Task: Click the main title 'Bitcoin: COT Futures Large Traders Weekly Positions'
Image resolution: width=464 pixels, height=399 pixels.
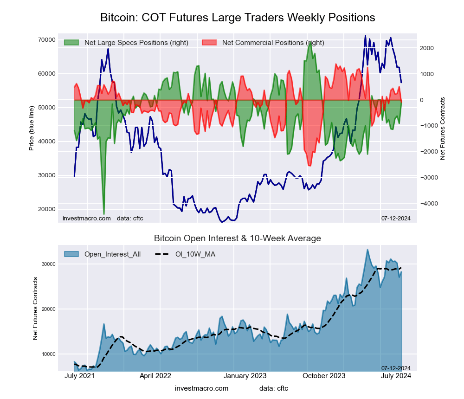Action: click(238, 18)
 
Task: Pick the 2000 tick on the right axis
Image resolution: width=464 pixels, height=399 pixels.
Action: click(427, 48)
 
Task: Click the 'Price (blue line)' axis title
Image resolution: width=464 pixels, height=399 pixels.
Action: click(32, 128)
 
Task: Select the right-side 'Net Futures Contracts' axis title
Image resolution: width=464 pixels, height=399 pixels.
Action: click(442, 129)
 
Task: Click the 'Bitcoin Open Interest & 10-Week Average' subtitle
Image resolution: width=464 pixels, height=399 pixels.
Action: click(238, 238)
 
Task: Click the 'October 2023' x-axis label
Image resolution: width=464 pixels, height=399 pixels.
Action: click(324, 376)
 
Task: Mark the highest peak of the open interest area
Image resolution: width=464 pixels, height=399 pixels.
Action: click(367, 249)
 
